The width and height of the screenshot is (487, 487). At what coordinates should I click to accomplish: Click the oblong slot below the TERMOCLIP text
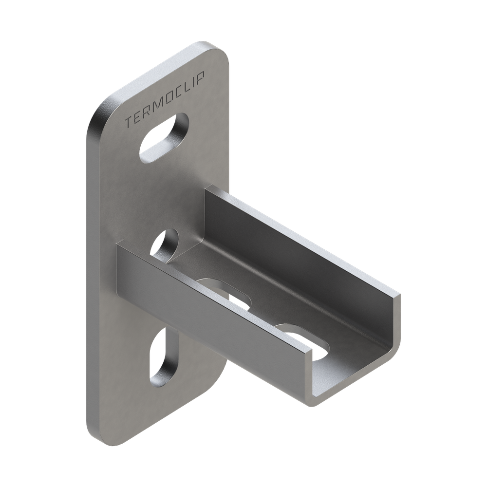(164, 138)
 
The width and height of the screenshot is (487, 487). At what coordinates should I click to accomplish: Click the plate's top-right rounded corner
(222, 51)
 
